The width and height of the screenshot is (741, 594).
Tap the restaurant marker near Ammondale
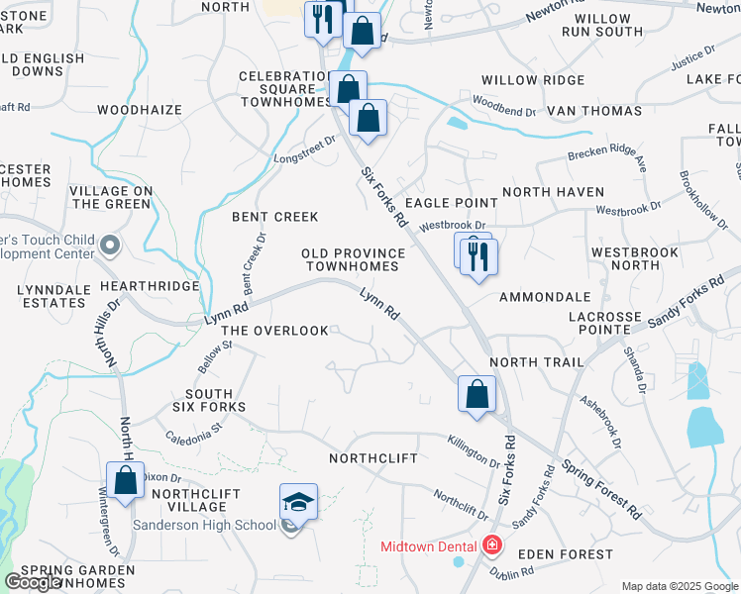(479, 257)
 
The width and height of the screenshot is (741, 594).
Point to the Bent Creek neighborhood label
(274, 217)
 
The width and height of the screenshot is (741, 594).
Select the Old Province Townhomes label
(352, 260)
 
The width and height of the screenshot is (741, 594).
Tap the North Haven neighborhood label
(553, 192)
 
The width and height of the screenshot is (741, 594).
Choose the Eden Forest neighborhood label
(570, 555)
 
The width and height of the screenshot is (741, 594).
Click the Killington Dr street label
(473, 450)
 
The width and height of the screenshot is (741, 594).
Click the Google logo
(33, 582)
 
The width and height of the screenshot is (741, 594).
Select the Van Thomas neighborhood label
(594, 112)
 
